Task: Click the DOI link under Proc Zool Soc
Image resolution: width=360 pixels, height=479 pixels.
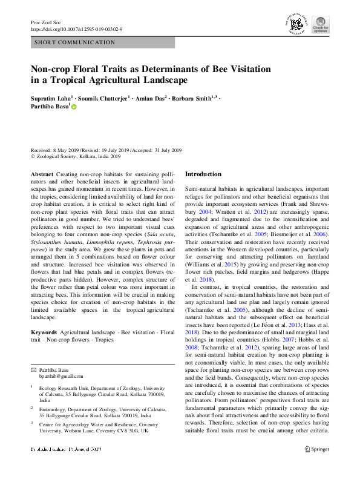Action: (x=76, y=28)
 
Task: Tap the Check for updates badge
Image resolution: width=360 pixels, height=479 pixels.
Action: (x=320, y=24)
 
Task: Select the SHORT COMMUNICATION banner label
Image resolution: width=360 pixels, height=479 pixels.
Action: (x=75, y=42)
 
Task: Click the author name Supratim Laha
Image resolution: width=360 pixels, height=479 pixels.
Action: (x=51, y=97)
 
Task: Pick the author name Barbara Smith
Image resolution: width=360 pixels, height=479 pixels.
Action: (x=192, y=97)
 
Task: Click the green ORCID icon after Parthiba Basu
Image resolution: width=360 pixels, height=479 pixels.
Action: (x=74, y=107)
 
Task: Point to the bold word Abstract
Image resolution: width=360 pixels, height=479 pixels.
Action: (x=41, y=174)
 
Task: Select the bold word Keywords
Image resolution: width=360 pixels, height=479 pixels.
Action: (x=44, y=332)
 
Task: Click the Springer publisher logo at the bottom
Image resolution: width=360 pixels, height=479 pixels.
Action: (x=316, y=466)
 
